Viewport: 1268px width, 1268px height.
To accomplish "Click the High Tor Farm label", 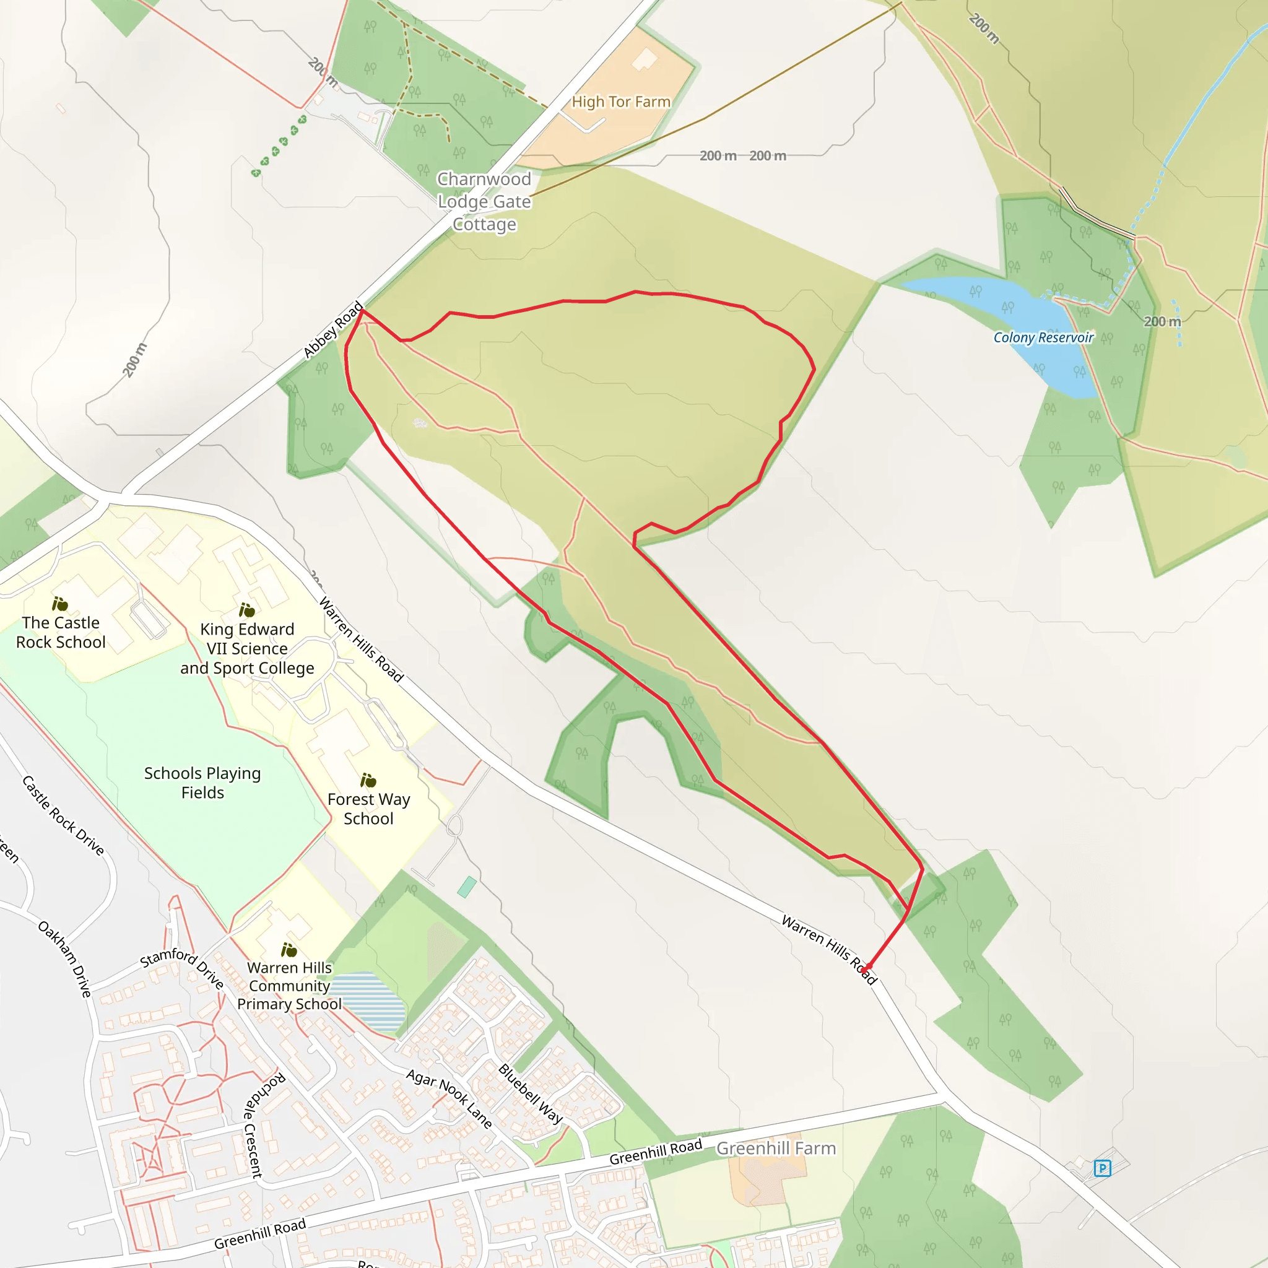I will click(x=621, y=102).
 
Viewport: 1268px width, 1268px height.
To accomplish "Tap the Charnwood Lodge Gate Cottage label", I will click(x=484, y=201).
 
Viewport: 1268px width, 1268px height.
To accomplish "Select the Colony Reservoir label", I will click(x=1043, y=337).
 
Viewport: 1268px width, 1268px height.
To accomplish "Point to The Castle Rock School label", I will click(x=61, y=632).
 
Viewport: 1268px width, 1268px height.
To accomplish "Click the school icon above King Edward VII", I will click(x=247, y=610).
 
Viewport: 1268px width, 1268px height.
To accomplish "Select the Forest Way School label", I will click(x=368, y=809).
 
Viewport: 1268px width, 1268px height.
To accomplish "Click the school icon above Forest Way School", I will click(x=368, y=780).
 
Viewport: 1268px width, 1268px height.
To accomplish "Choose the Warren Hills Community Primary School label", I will click(x=289, y=986).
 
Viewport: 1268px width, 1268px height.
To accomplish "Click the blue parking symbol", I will click(x=1102, y=1168).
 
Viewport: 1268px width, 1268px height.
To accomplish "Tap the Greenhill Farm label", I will click(x=776, y=1148).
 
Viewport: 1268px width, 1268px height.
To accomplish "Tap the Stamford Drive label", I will click(x=183, y=966).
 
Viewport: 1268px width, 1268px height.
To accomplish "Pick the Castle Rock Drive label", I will click(x=63, y=816).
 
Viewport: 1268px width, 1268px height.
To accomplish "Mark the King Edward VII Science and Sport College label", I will click(x=247, y=648).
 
